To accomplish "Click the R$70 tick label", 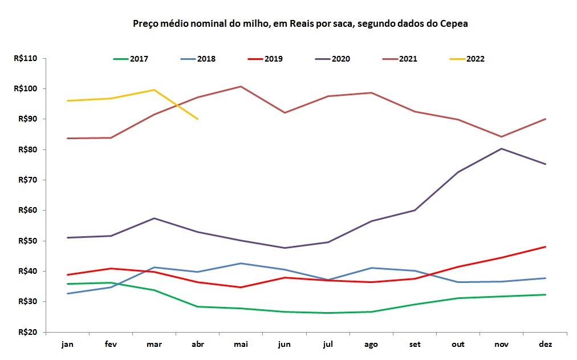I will coord(27,180).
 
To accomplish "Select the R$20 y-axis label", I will coord(27,332).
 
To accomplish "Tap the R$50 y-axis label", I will coord(27,241).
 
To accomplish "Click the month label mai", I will coord(241,344).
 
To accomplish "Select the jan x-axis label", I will coord(67,344).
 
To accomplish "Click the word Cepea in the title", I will coord(455,24).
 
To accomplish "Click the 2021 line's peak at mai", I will coord(241,86).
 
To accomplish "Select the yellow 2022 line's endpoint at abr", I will coord(197,119).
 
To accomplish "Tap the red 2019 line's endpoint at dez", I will coord(546,246).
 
